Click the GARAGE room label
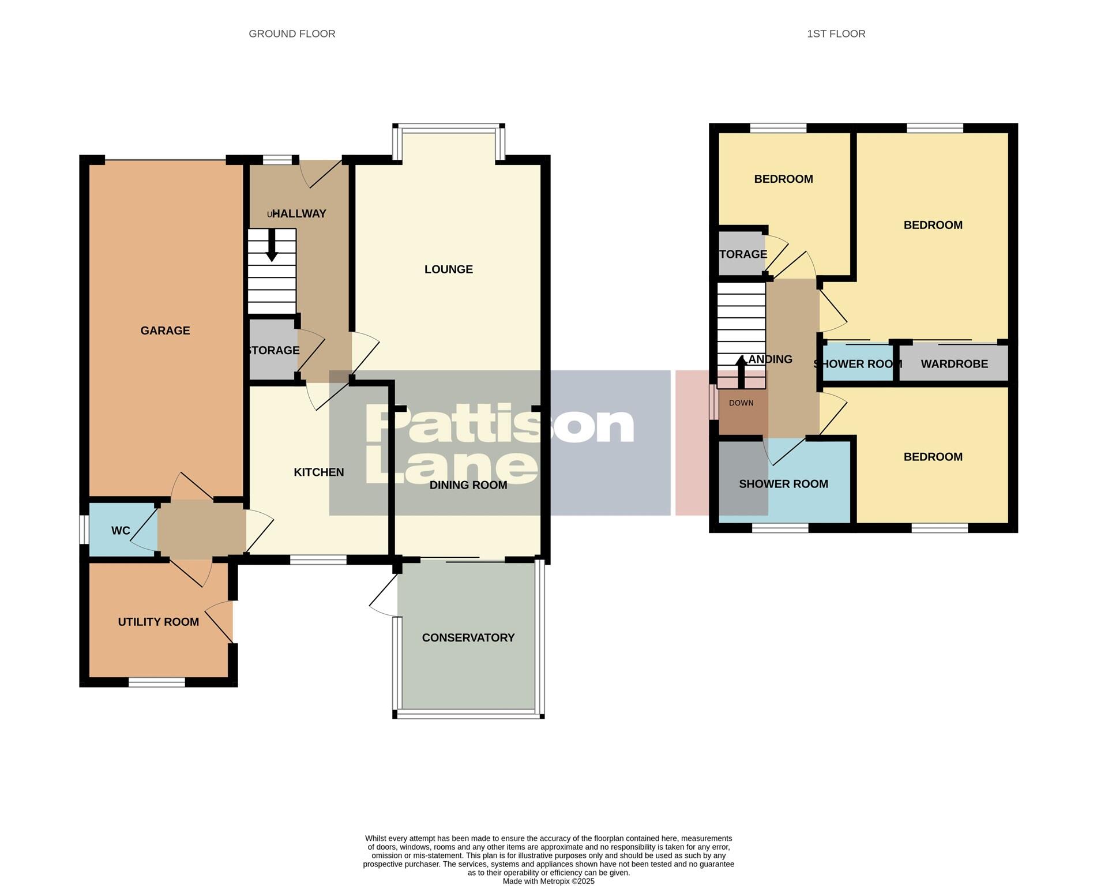[165, 331]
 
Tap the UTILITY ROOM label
[159, 622]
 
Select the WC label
[121, 531]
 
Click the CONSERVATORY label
[468, 637]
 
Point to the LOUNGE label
[448, 269]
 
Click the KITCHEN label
[318, 472]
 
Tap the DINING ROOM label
[468, 485]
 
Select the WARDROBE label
[954, 364]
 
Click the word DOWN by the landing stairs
[741, 403]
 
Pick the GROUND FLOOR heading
[292, 34]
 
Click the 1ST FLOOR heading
[836, 34]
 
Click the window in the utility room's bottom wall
[156, 682]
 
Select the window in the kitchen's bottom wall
[318, 560]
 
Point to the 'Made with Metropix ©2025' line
[548, 881]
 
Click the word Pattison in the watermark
[499, 425]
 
